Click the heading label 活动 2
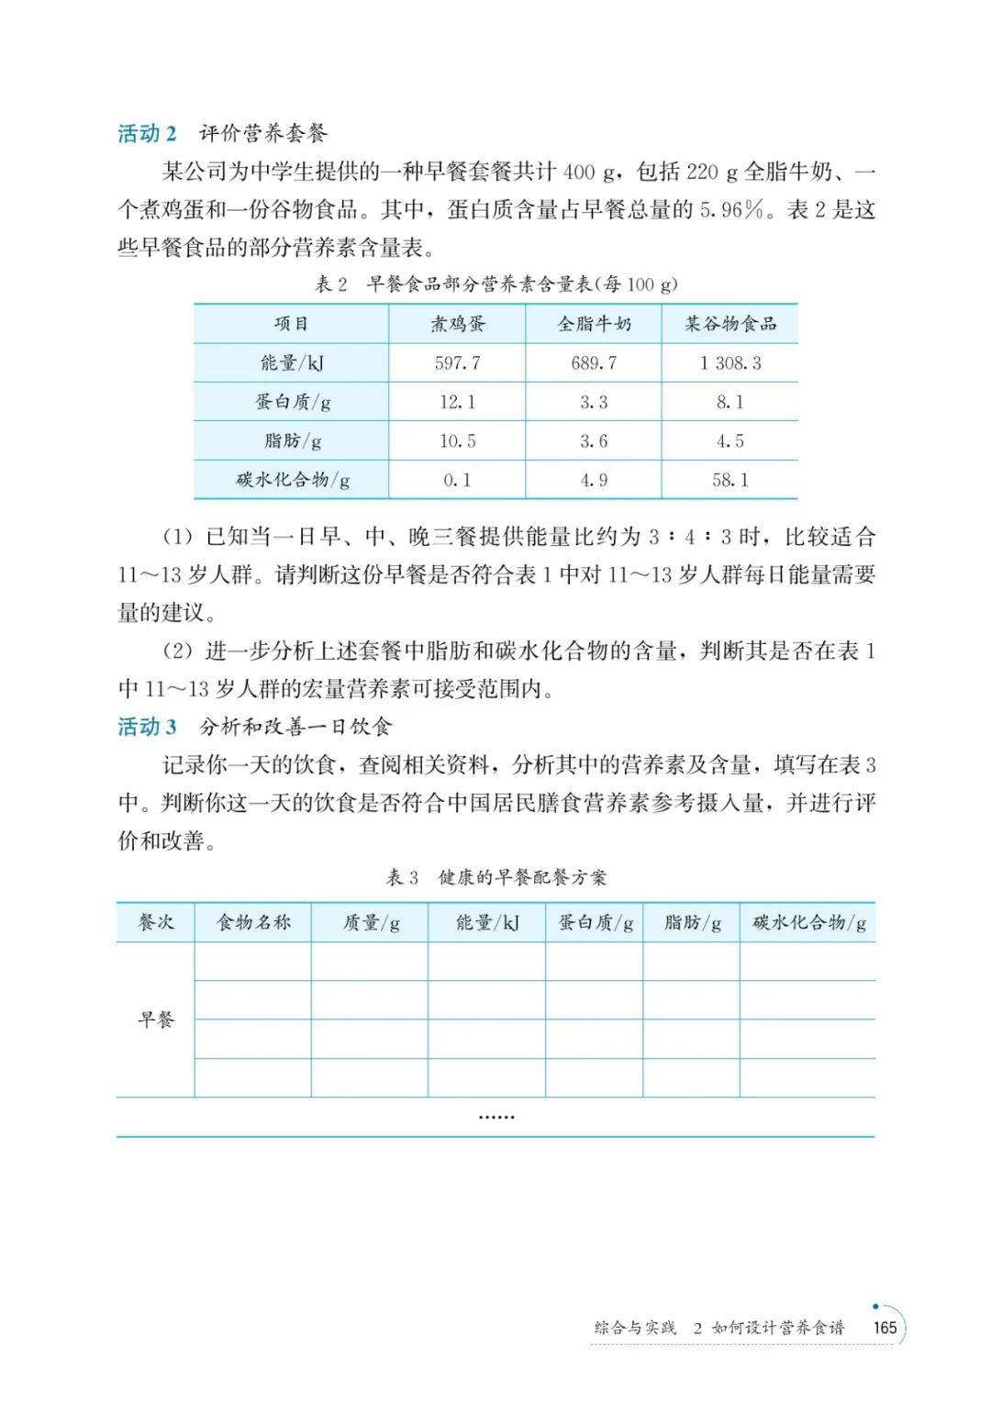(147, 134)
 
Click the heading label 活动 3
(147, 728)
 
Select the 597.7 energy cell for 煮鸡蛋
(457, 363)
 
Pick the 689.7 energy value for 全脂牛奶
(594, 363)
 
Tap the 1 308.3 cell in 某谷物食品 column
(730, 363)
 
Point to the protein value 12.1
(457, 402)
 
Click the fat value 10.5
(457, 441)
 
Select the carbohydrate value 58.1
(730, 480)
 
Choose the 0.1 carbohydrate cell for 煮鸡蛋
(457, 480)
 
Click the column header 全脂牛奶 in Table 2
(594, 324)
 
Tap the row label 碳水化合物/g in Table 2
(293, 480)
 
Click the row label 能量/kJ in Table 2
(293, 363)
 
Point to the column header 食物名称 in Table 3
(253, 923)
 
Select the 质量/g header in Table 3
(371, 923)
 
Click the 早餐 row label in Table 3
(156, 1019)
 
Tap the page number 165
(885, 1328)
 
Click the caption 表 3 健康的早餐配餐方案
(495, 878)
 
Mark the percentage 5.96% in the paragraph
(732, 210)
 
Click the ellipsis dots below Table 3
(495, 1117)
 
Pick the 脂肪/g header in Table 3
(693, 923)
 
